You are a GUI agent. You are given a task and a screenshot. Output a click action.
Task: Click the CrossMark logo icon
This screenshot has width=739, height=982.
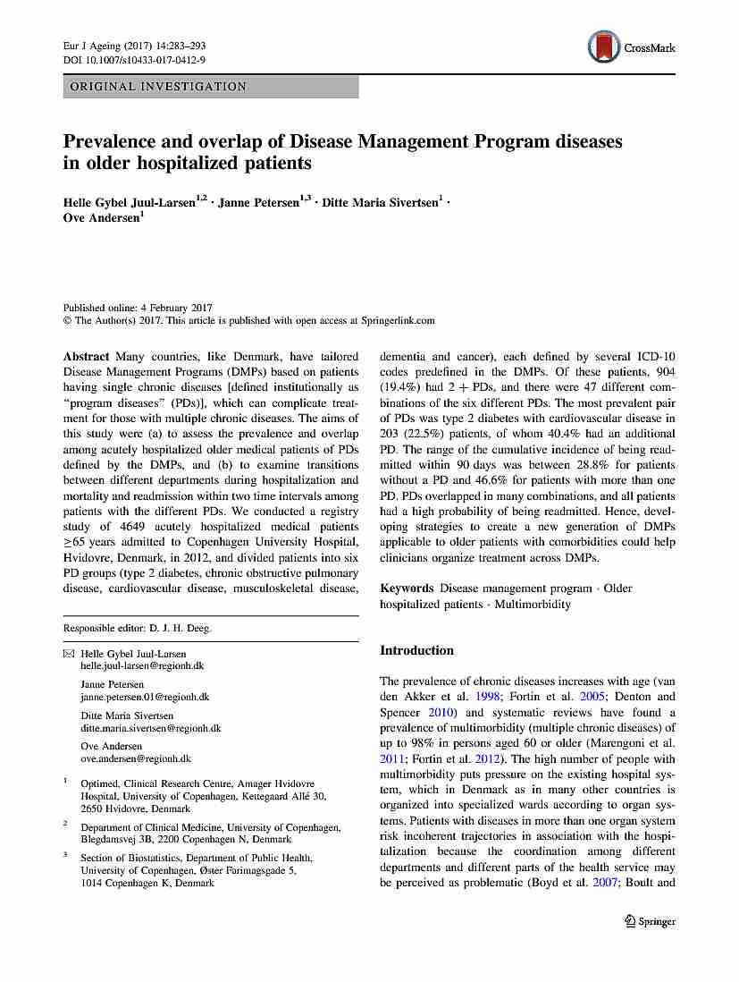click(604, 47)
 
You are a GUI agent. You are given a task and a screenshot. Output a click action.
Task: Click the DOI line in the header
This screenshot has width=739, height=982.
click(134, 60)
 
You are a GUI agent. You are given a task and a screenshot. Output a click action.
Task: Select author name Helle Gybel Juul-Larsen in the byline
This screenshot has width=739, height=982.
click(128, 203)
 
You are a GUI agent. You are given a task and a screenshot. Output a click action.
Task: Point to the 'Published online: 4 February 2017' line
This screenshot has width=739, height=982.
click(138, 307)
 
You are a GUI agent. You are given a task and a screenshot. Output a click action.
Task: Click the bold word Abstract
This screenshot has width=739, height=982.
click(86, 356)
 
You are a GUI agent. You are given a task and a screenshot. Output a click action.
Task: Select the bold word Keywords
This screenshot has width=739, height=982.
click(407, 588)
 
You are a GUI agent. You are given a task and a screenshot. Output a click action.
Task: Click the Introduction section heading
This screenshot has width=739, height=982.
click(416, 650)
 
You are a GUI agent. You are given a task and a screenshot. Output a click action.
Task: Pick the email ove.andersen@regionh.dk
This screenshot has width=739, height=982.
click(136, 758)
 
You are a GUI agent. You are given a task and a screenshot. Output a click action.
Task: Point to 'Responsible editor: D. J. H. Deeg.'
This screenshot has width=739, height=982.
click(137, 628)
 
